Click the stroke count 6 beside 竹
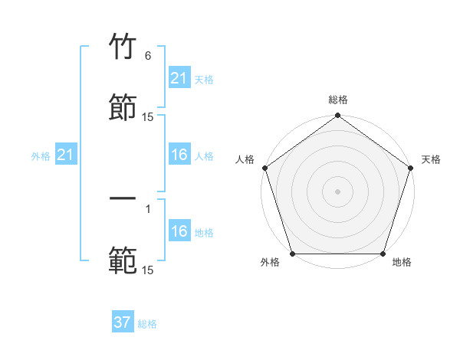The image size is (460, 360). tap(148, 56)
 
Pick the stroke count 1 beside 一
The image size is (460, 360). tap(148, 208)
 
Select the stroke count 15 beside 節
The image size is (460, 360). tap(148, 117)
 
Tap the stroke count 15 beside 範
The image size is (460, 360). tap(148, 270)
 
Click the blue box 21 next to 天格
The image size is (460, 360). tap(179, 78)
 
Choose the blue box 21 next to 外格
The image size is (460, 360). tap(66, 155)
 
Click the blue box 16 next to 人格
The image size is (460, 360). tap(179, 155)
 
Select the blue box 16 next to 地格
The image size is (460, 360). tap(179, 231)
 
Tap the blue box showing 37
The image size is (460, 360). tap(123, 322)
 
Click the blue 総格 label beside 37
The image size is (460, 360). tap(147, 324)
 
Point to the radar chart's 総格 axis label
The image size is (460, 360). tap(337, 100)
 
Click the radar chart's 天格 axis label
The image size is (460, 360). tap(431, 159)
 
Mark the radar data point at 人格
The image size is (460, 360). tap(264, 168)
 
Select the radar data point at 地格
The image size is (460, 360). tap(383, 254)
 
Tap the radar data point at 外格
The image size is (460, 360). tap(292, 254)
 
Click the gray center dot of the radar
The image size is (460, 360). tap(337, 191)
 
